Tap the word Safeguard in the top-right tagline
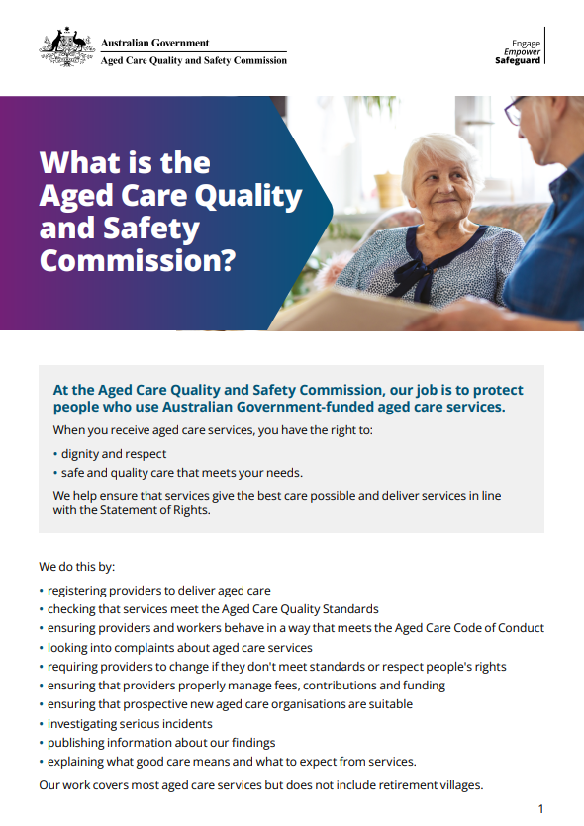pos(518,61)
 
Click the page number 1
pos(540,808)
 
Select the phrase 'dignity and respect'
pos(114,454)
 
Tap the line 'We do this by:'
pos(77,567)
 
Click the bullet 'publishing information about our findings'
pos(161,743)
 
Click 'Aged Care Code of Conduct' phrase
pos(468,628)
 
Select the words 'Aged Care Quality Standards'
pos(299,609)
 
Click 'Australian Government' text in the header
pos(154,43)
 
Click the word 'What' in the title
pos(78,162)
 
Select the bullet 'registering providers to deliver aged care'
pos(159,591)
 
